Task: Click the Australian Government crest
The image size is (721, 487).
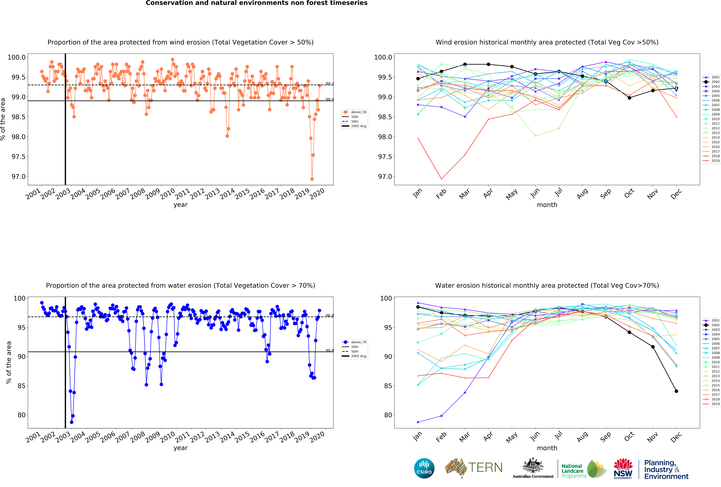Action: tap(533, 465)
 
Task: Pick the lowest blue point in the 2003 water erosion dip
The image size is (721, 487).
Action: tap(72, 422)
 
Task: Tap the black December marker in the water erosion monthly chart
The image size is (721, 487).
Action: tap(676, 391)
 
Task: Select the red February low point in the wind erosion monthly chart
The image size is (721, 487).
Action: tap(441, 179)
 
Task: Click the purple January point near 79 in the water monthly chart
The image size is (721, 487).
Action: tap(418, 422)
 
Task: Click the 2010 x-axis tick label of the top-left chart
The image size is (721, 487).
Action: tap(167, 194)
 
